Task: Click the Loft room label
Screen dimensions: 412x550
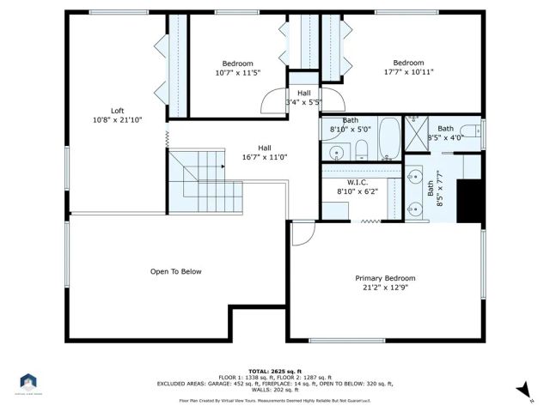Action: pyautogui.click(x=117, y=111)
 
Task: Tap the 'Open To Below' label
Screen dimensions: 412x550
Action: pyautogui.click(x=175, y=272)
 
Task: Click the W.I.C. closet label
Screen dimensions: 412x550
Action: pyautogui.click(x=357, y=182)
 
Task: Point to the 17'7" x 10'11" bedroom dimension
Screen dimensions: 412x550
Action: pyautogui.click(x=408, y=72)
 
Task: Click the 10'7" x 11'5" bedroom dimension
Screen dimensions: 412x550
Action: pyautogui.click(x=237, y=73)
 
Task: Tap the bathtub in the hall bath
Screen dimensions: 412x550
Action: pyautogui.click(x=388, y=139)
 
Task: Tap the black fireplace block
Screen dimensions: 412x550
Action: pyautogui.click(x=469, y=202)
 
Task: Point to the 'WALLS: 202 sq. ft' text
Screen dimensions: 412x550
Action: pyautogui.click(x=275, y=391)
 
